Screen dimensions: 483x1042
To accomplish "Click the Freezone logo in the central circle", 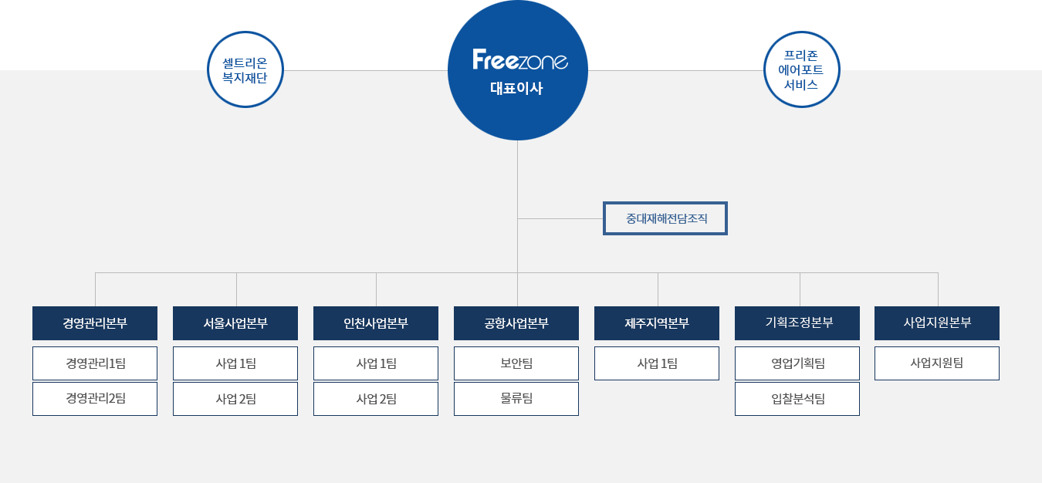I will (519, 60).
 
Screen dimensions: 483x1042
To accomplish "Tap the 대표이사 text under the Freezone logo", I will (517, 88).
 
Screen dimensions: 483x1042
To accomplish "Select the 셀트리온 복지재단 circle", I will (245, 70).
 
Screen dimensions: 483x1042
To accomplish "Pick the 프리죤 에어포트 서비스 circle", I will (801, 70).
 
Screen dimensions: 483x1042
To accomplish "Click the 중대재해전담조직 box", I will (665, 219).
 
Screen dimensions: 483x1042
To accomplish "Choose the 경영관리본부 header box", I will (95, 323).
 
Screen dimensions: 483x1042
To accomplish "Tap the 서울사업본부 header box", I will (235, 323).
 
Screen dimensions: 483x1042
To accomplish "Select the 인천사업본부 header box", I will (376, 323).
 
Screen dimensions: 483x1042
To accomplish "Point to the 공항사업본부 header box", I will (516, 323).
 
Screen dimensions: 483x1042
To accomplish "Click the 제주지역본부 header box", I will (657, 323).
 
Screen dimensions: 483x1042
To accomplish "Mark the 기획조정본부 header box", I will (797, 323).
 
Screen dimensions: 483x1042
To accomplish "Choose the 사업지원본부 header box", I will (937, 323).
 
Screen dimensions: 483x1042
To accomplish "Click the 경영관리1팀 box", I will (95, 363).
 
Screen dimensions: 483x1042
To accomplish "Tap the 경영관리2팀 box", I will (95, 399).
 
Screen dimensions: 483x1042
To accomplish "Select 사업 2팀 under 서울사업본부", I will (235, 399).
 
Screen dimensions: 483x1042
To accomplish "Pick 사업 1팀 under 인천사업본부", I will (376, 363).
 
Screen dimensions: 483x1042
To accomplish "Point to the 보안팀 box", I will (516, 363).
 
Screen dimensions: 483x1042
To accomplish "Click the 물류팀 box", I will (516, 399).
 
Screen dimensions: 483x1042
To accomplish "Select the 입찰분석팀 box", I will (797, 399).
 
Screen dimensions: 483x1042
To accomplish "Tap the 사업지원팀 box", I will (937, 363).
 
